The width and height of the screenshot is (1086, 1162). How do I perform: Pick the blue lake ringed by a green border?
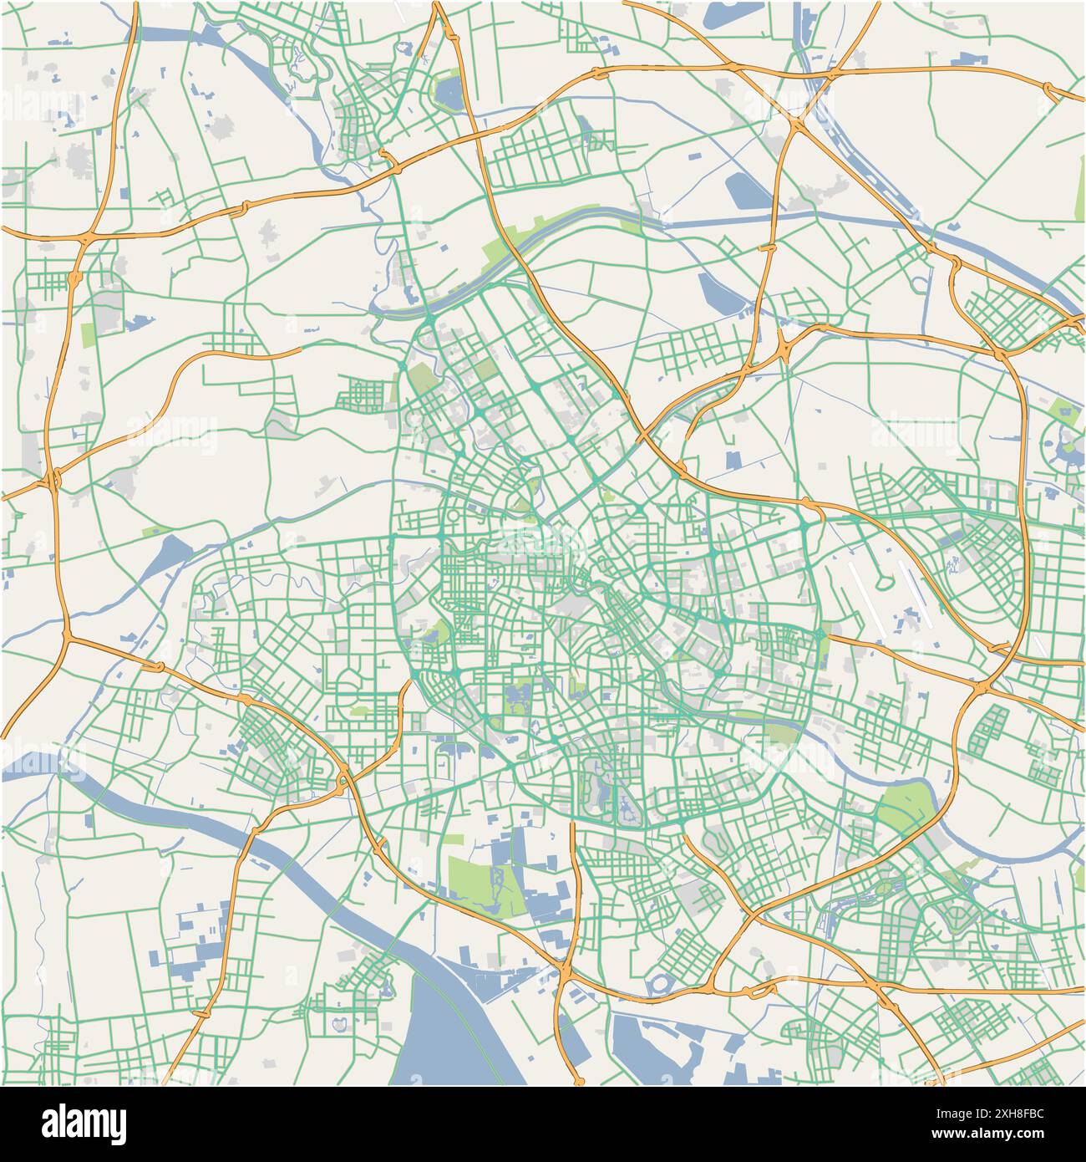pyautogui.click(x=449, y=92)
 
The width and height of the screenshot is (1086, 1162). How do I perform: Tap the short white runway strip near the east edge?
pyautogui.click(x=1041, y=645)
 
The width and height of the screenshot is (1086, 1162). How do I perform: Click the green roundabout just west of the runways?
pyautogui.click(x=823, y=640)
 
